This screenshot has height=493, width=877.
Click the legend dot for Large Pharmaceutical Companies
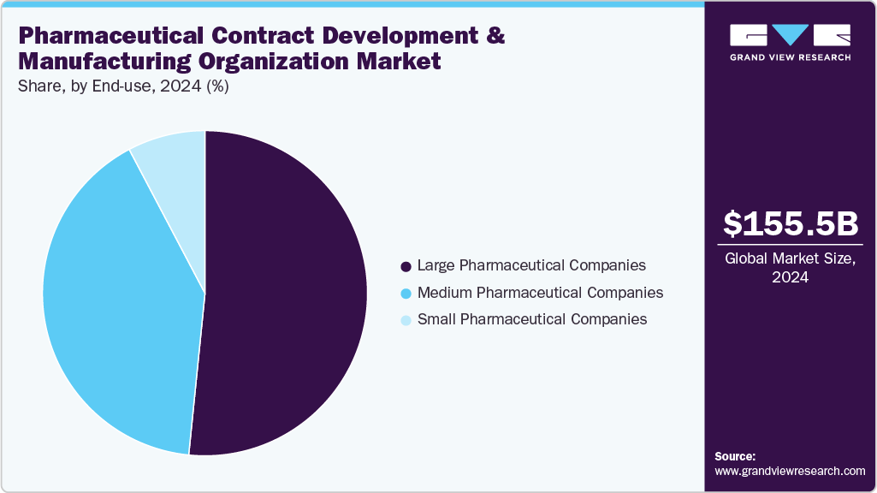coord(406,266)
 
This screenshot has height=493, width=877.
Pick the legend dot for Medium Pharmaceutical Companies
coord(406,293)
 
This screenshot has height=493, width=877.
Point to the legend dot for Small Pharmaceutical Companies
coord(406,320)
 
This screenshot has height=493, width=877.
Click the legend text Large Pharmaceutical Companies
coord(530,265)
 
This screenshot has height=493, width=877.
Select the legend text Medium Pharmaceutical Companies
coord(539,293)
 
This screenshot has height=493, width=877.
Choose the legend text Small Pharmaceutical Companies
coord(531,319)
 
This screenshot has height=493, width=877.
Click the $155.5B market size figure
coord(790,224)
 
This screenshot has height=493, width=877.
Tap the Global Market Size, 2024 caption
coord(790,268)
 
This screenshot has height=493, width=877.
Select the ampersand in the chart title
coord(495,37)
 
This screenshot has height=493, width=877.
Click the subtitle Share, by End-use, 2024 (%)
coord(122,86)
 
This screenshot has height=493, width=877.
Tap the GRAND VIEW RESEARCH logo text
coord(790,57)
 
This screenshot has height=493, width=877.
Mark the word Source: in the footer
coord(735,456)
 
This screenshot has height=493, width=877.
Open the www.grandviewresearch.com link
coord(790,472)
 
